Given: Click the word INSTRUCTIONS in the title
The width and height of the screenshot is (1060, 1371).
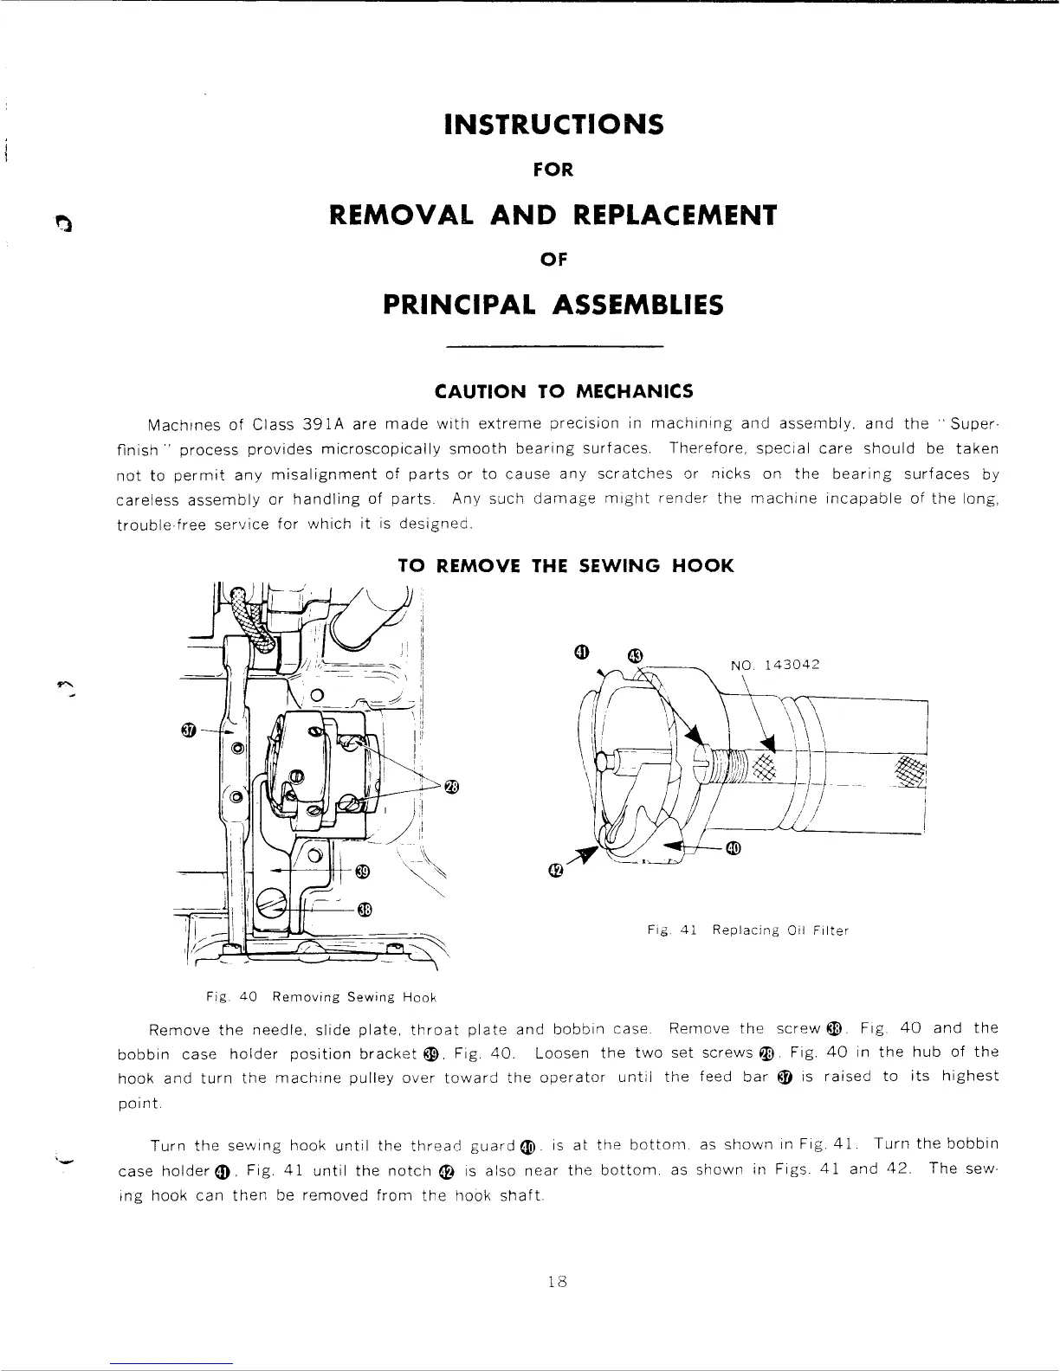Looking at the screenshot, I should (x=553, y=125).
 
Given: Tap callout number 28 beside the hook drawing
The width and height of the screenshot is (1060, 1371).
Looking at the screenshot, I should (x=451, y=787).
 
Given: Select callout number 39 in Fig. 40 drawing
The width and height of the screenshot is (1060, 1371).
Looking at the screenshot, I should (x=363, y=872).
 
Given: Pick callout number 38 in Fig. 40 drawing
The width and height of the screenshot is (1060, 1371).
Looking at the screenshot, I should (x=365, y=909).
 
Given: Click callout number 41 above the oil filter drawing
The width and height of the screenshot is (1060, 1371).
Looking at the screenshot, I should (x=582, y=652).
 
